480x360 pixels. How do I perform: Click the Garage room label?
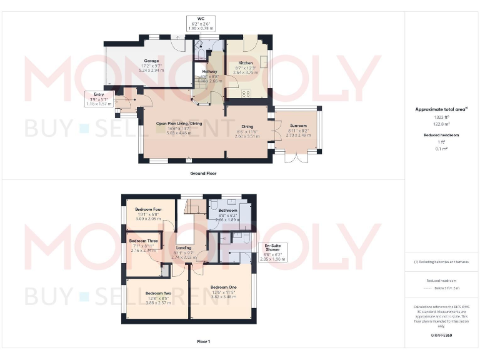tap(148, 61)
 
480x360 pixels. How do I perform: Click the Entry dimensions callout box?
tap(99, 99)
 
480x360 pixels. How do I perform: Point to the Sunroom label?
tap(297, 129)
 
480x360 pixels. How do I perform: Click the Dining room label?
tap(247, 127)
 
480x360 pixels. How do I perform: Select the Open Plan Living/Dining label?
tap(179, 124)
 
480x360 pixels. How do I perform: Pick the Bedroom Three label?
tap(143, 240)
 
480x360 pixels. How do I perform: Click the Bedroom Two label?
tap(158, 292)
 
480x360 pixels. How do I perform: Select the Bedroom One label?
tap(224, 287)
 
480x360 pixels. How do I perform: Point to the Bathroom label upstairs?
tap(227, 211)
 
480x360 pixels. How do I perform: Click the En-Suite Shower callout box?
tap(272, 252)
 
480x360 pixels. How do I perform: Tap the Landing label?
tap(184, 248)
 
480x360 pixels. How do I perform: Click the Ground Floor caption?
tap(203, 173)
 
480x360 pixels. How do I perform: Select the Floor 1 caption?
tap(203, 342)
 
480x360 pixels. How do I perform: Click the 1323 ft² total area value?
tap(441, 117)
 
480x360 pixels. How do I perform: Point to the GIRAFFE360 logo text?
tap(441, 336)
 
